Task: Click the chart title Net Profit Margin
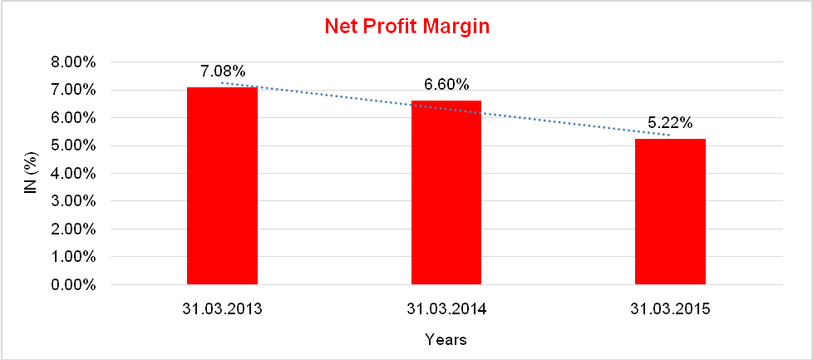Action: pyautogui.click(x=406, y=27)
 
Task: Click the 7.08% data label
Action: pyautogui.click(x=222, y=72)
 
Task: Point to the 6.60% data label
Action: pyautogui.click(x=446, y=85)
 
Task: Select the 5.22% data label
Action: pyautogui.click(x=670, y=123)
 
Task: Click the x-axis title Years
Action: pyautogui.click(x=446, y=339)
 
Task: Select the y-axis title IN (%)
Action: pyautogui.click(x=31, y=174)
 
